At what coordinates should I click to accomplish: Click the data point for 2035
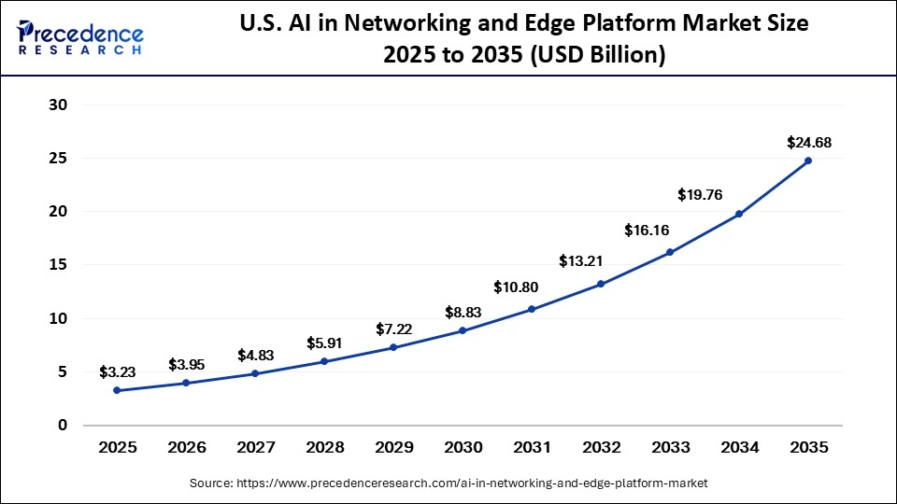pyautogui.click(x=807, y=161)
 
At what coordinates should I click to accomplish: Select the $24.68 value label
pyautogui.click(x=807, y=143)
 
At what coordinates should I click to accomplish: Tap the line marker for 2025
pyautogui.click(x=117, y=390)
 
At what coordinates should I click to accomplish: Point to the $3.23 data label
pyautogui.click(x=117, y=372)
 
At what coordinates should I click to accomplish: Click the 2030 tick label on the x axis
pyautogui.click(x=463, y=448)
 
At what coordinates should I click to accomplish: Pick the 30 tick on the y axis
pyautogui.click(x=58, y=105)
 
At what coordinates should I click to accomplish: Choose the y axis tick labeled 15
pyautogui.click(x=58, y=265)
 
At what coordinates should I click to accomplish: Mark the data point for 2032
pyautogui.click(x=601, y=284)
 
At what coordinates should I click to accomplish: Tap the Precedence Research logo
pyautogui.click(x=80, y=37)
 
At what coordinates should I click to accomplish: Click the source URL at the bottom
pyautogui.click(x=448, y=483)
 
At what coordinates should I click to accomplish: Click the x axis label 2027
pyautogui.click(x=255, y=448)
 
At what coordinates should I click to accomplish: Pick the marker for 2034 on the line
pyautogui.click(x=739, y=214)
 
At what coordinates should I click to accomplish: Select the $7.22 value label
pyautogui.click(x=393, y=329)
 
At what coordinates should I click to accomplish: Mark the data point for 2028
pyautogui.click(x=324, y=361)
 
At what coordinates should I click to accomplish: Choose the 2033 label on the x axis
pyautogui.click(x=670, y=448)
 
